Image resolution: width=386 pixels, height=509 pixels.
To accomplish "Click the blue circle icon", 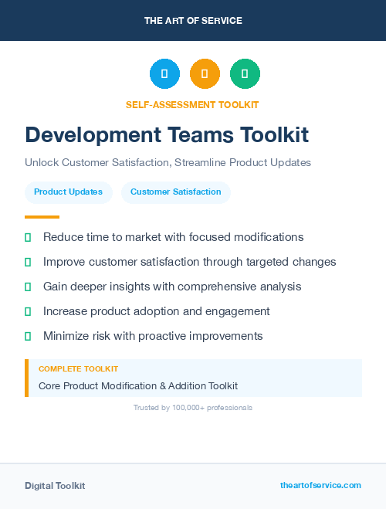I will pyautogui.click(x=164, y=74).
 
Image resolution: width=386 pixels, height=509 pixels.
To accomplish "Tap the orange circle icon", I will pyautogui.click(x=205, y=74).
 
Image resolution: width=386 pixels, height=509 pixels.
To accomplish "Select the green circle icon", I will pyautogui.click(x=245, y=74).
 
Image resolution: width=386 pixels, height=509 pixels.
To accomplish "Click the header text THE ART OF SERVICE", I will pyautogui.click(x=193, y=21).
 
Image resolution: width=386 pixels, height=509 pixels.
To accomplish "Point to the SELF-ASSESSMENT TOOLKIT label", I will pyautogui.click(x=192, y=104).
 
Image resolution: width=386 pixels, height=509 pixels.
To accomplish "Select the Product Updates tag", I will pyautogui.click(x=68, y=192).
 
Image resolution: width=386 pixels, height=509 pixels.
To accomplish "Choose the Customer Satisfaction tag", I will pyautogui.click(x=176, y=192).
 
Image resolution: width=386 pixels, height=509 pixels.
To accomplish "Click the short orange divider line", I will pyautogui.click(x=42, y=217).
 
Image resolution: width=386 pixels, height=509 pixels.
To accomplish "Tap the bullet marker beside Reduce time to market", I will pyautogui.click(x=28, y=238).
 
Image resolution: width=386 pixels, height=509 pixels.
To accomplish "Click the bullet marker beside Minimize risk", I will pyautogui.click(x=28, y=337).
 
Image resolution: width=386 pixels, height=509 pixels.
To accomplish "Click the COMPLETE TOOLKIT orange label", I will pyautogui.click(x=78, y=369).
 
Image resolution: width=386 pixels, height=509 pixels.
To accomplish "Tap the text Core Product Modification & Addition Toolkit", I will pyautogui.click(x=138, y=385).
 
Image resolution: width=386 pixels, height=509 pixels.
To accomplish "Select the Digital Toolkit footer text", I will pyautogui.click(x=55, y=486).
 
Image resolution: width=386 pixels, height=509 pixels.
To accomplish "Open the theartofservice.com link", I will pyautogui.click(x=320, y=485).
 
